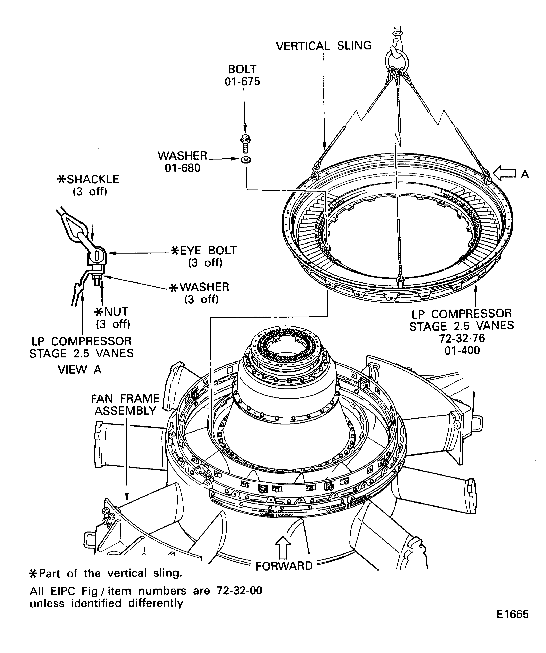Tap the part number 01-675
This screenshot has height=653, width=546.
coord(242,81)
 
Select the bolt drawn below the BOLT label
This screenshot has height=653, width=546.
coord(245,143)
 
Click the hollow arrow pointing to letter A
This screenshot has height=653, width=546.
coord(504,174)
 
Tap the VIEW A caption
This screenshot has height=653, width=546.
coord(80,369)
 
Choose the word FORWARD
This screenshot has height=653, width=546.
coord(284,566)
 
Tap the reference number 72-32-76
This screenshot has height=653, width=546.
coord(462,338)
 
